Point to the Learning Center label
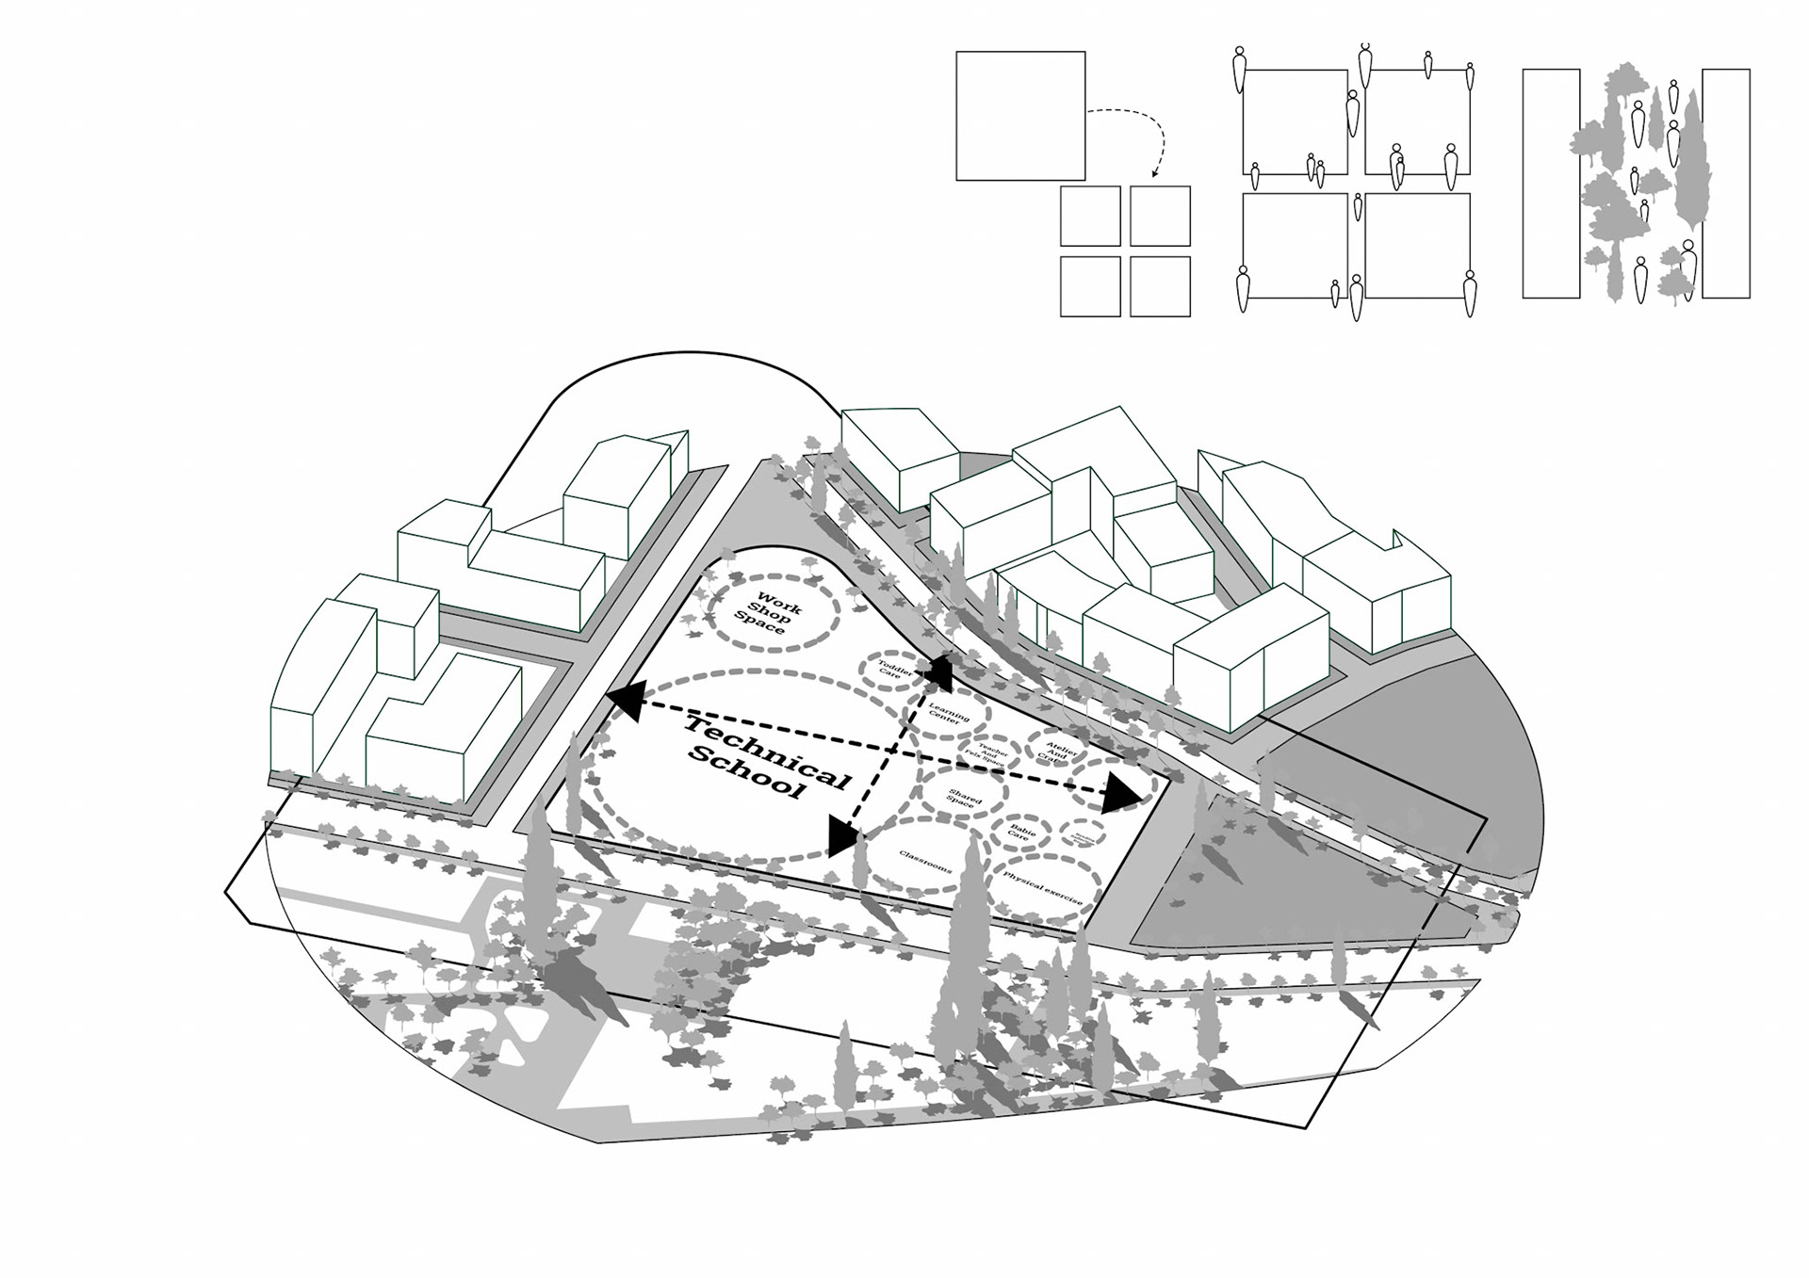(947, 712)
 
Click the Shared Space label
(963, 798)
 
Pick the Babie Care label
(1021, 831)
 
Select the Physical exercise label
(1042, 888)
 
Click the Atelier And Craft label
(1055, 752)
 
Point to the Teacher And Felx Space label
(988, 753)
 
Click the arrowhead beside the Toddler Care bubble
(940, 671)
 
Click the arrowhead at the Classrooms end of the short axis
(842, 836)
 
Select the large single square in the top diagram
(1020, 116)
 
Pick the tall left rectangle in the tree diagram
(1551, 184)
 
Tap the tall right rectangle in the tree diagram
(1726, 184)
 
